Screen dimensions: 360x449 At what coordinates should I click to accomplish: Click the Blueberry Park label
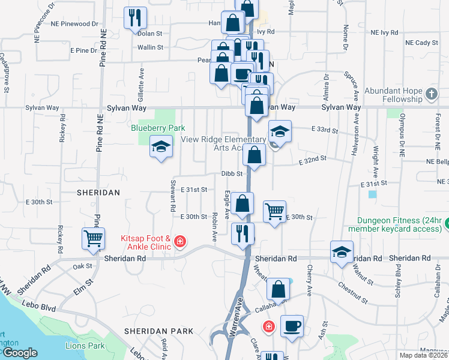[158, 128]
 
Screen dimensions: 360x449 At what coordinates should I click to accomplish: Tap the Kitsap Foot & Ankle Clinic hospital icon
[179, 242]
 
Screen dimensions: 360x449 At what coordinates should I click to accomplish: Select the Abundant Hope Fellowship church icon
[431, 94]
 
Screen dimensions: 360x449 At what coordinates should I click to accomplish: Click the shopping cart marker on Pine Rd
[94, 238]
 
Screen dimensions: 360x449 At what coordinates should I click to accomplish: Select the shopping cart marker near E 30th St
[274, 210]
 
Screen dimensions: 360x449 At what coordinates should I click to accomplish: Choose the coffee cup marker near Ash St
[292, 325]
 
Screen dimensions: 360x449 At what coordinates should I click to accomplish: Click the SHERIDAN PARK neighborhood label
[158, 331]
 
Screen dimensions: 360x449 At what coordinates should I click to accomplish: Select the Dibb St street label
[231, 173]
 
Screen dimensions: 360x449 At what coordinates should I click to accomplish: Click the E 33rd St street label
[325, 130]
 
